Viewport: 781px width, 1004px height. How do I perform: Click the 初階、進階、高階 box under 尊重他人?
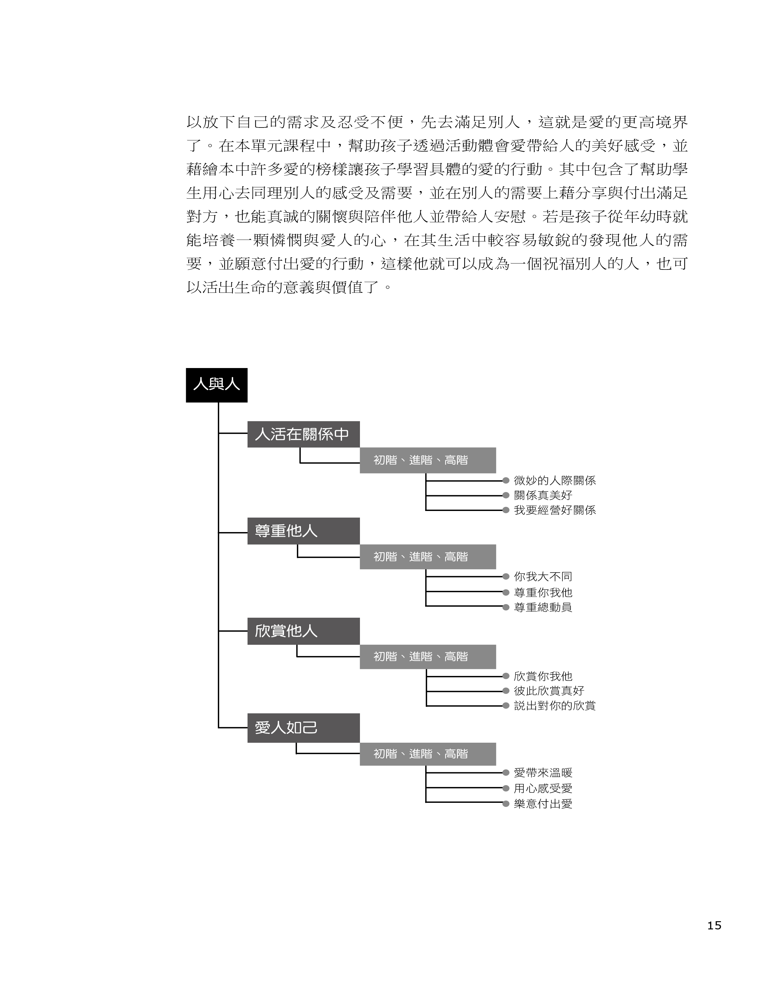(427, 557)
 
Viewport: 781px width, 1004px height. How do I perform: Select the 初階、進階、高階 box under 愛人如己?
(427, 754)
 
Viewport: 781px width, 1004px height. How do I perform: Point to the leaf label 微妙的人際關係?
(555, 481)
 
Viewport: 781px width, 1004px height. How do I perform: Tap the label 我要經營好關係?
(555, 510)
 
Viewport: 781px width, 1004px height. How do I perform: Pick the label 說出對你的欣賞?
(555, 706)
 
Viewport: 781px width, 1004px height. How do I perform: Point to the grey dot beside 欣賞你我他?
(506, 676)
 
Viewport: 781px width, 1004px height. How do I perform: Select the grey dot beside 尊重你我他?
(506, 593)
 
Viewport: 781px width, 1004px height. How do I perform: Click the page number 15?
(714, 925)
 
